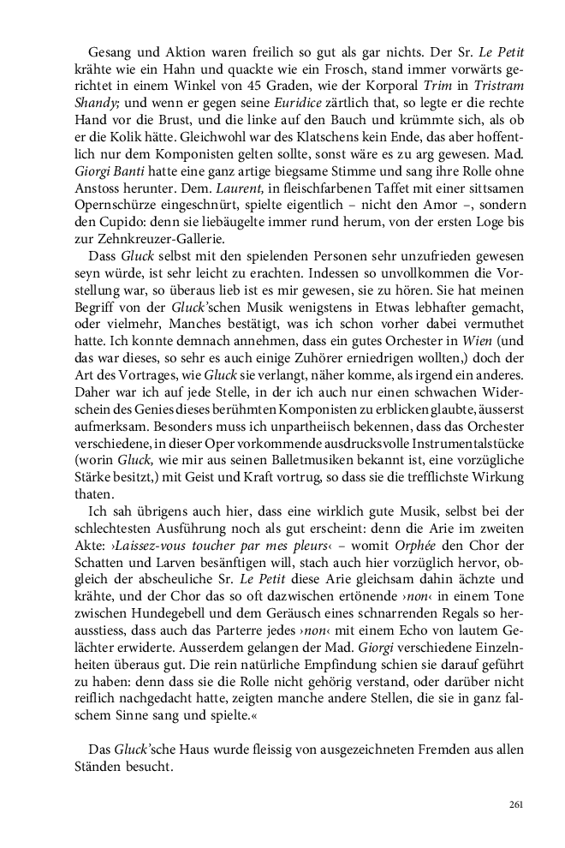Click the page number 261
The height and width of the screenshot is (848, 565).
[515, 803]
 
